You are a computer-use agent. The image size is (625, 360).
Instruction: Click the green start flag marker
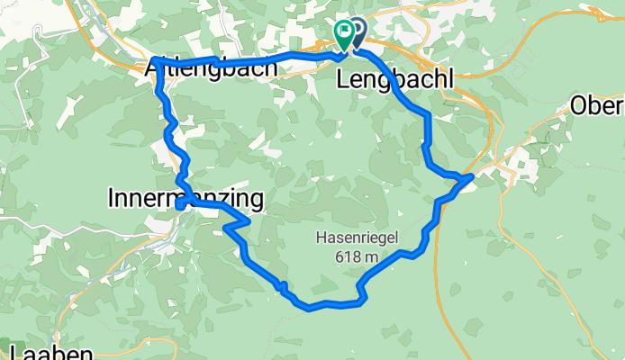344,32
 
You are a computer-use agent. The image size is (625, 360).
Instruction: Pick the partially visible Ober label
597,106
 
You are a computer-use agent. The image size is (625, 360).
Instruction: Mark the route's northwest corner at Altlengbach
155,60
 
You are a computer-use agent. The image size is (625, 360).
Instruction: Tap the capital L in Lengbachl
342,79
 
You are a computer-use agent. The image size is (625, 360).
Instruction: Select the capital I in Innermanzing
111,196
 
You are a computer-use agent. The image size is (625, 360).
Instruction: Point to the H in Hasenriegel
321,239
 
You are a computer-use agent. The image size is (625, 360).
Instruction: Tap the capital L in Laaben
15,352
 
